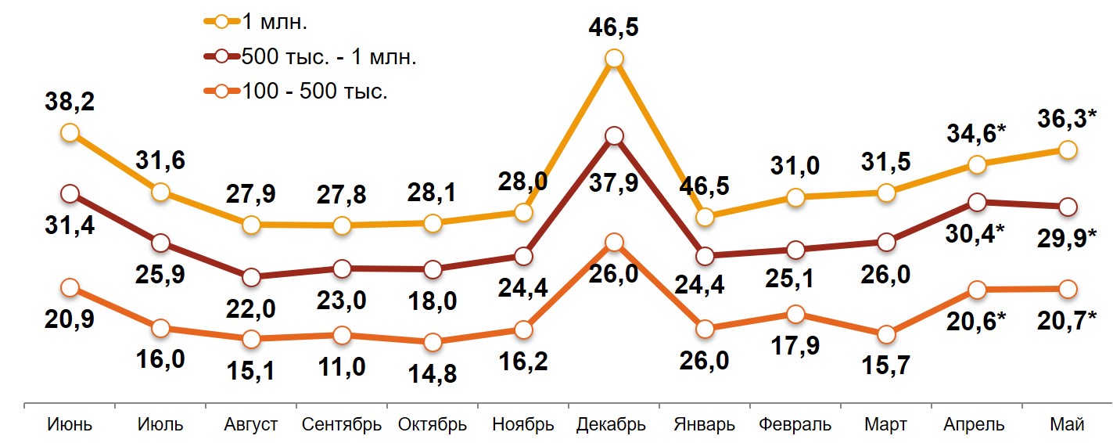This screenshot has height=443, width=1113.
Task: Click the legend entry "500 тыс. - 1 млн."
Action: point(329,57)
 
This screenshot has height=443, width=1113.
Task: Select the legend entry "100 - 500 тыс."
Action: point(313,92)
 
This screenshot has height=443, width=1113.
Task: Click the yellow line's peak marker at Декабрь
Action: point(614,59)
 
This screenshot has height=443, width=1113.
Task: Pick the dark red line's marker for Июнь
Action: point(70,193)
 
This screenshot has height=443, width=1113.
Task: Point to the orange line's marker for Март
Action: point(886,334)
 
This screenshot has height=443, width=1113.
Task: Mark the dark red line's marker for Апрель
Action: point(977,202)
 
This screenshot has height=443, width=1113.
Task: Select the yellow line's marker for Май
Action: point(1068,150)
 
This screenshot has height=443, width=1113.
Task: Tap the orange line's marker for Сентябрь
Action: point(342,335)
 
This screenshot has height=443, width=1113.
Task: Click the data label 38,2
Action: point(70,103)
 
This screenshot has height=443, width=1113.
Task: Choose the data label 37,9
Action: point(615,183)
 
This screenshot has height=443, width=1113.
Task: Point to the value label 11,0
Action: point(342,366)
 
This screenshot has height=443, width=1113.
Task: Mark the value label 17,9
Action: point(795,345)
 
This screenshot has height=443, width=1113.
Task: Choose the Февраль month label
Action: point(795,425)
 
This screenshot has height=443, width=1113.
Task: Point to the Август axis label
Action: point(250,425)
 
